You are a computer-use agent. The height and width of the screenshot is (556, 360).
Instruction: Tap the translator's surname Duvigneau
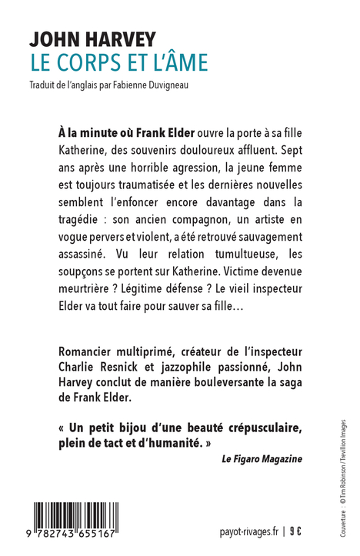[x=167, y=85]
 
